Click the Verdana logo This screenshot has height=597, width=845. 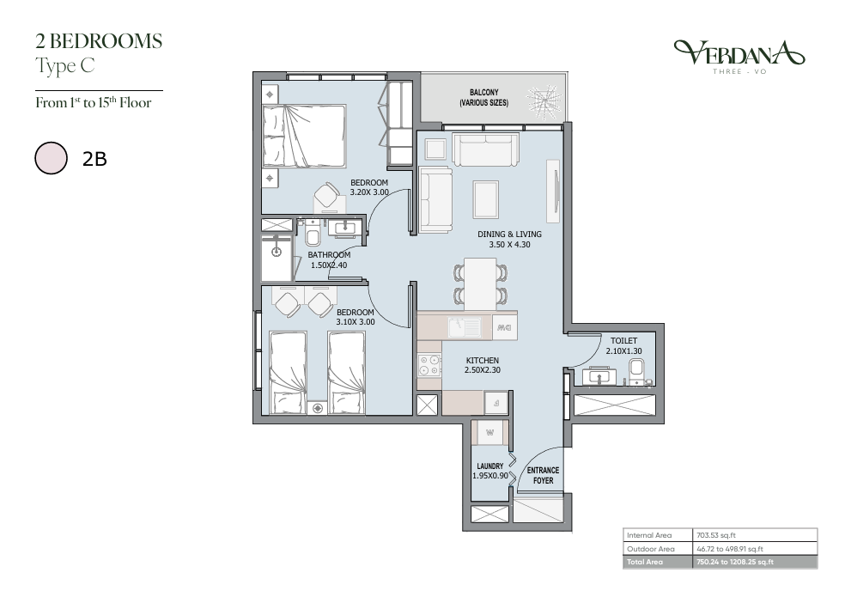tap(739, 56)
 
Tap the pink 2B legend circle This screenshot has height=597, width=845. tap(52, 158)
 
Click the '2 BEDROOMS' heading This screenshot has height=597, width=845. tap(99, 41)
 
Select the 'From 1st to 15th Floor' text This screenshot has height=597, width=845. tap(94, 102)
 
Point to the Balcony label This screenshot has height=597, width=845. tap(484, 97)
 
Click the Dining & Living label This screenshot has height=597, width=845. tap(509, 239)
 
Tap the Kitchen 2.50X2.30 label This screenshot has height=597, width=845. tap(483, 365)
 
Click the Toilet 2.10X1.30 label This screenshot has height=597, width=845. tap(623, 345)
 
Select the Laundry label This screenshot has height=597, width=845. tap(489, 471)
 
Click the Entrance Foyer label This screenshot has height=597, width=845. tap(543, 475)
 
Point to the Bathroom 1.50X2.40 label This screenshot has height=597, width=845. tap(329, 259)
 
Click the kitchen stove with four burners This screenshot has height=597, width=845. tap(429, 364)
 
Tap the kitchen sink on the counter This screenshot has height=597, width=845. tap(465, 326)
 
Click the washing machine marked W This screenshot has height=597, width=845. tap(489, 432)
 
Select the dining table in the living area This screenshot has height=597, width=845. tap(480, 283)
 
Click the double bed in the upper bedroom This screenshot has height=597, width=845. tap(304, 136)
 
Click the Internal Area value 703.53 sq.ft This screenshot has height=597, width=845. tap(715, 535)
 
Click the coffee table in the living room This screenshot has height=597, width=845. tap(486, 199)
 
